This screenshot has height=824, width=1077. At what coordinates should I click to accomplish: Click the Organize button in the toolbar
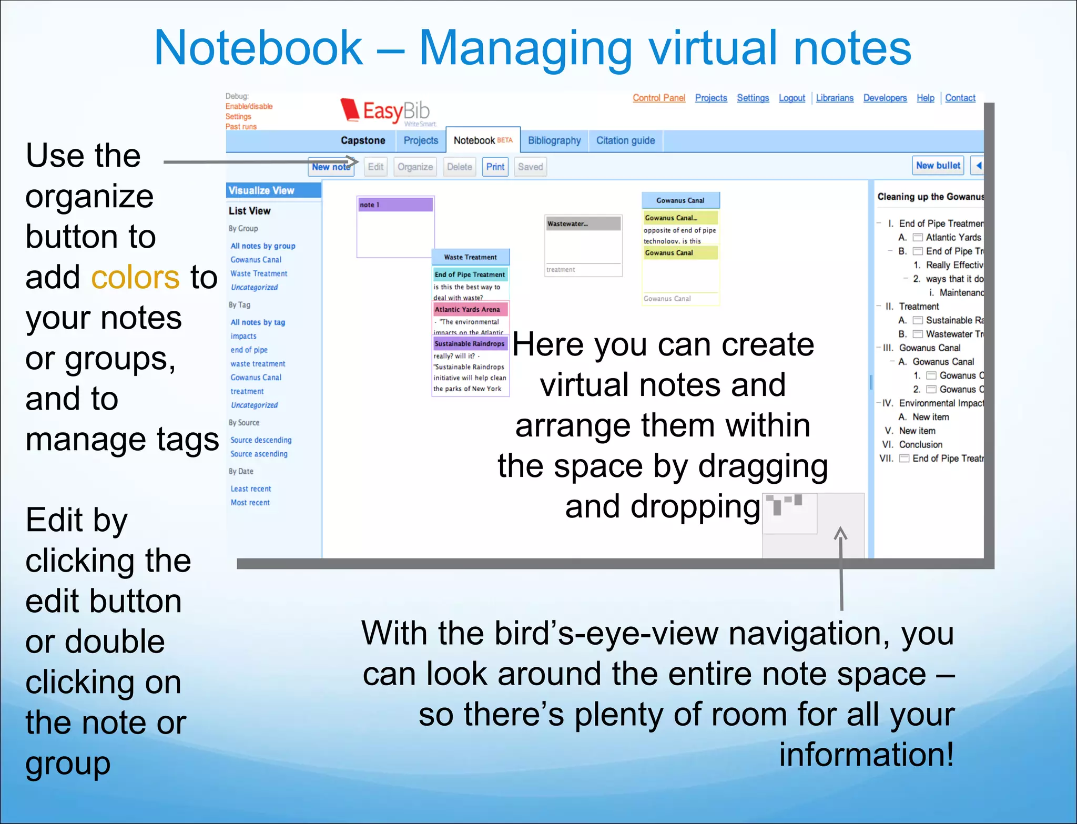tap(415, 167)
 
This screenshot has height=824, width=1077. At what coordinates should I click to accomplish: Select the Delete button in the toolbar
tap(459, 167)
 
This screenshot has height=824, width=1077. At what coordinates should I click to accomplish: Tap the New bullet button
tap(938, 166)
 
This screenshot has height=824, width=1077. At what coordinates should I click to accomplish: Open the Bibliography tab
tap(554, 140)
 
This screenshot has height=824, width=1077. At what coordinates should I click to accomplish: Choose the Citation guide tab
tap(625, 140)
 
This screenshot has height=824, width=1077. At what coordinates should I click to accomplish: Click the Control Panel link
tap(659, 98)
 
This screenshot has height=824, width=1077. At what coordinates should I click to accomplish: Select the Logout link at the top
tap(791, 98)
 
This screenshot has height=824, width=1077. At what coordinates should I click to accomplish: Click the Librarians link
tap(835, 98)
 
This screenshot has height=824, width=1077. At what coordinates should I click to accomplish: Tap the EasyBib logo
tap(387, 111)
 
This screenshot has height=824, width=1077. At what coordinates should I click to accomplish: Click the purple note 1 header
tap(395, 205)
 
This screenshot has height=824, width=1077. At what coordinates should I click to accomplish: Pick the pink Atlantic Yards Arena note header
tap(470, 309)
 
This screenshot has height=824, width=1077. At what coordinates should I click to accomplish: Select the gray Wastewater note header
tap(583, 223)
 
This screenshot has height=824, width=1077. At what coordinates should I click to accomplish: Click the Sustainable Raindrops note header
tap(470, 343)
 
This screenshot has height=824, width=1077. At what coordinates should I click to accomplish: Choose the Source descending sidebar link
tap(261, 440)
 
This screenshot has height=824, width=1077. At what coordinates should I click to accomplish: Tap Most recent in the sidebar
tap(250, 502)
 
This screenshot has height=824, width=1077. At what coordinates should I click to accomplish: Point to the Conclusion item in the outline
tap(920, 444)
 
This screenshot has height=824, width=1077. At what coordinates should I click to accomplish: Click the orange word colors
tap(135, 277)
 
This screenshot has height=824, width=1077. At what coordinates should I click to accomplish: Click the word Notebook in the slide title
tap(258, 48)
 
